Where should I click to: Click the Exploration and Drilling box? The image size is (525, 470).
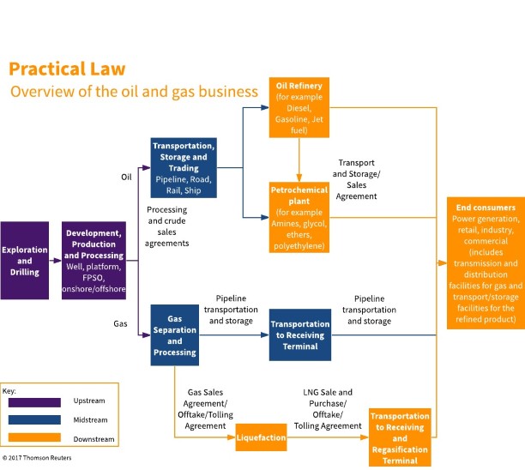click(x=25, y=260)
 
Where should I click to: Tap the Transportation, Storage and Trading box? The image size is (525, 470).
click(x=184, y=168)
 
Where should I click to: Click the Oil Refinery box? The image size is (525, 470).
click(x=299, y=106)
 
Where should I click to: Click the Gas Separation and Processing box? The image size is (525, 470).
click(x=174, y=334)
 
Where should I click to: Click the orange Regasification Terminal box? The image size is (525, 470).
click(x=400, y=437)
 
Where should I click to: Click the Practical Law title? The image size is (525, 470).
click(x=67, y=69)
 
